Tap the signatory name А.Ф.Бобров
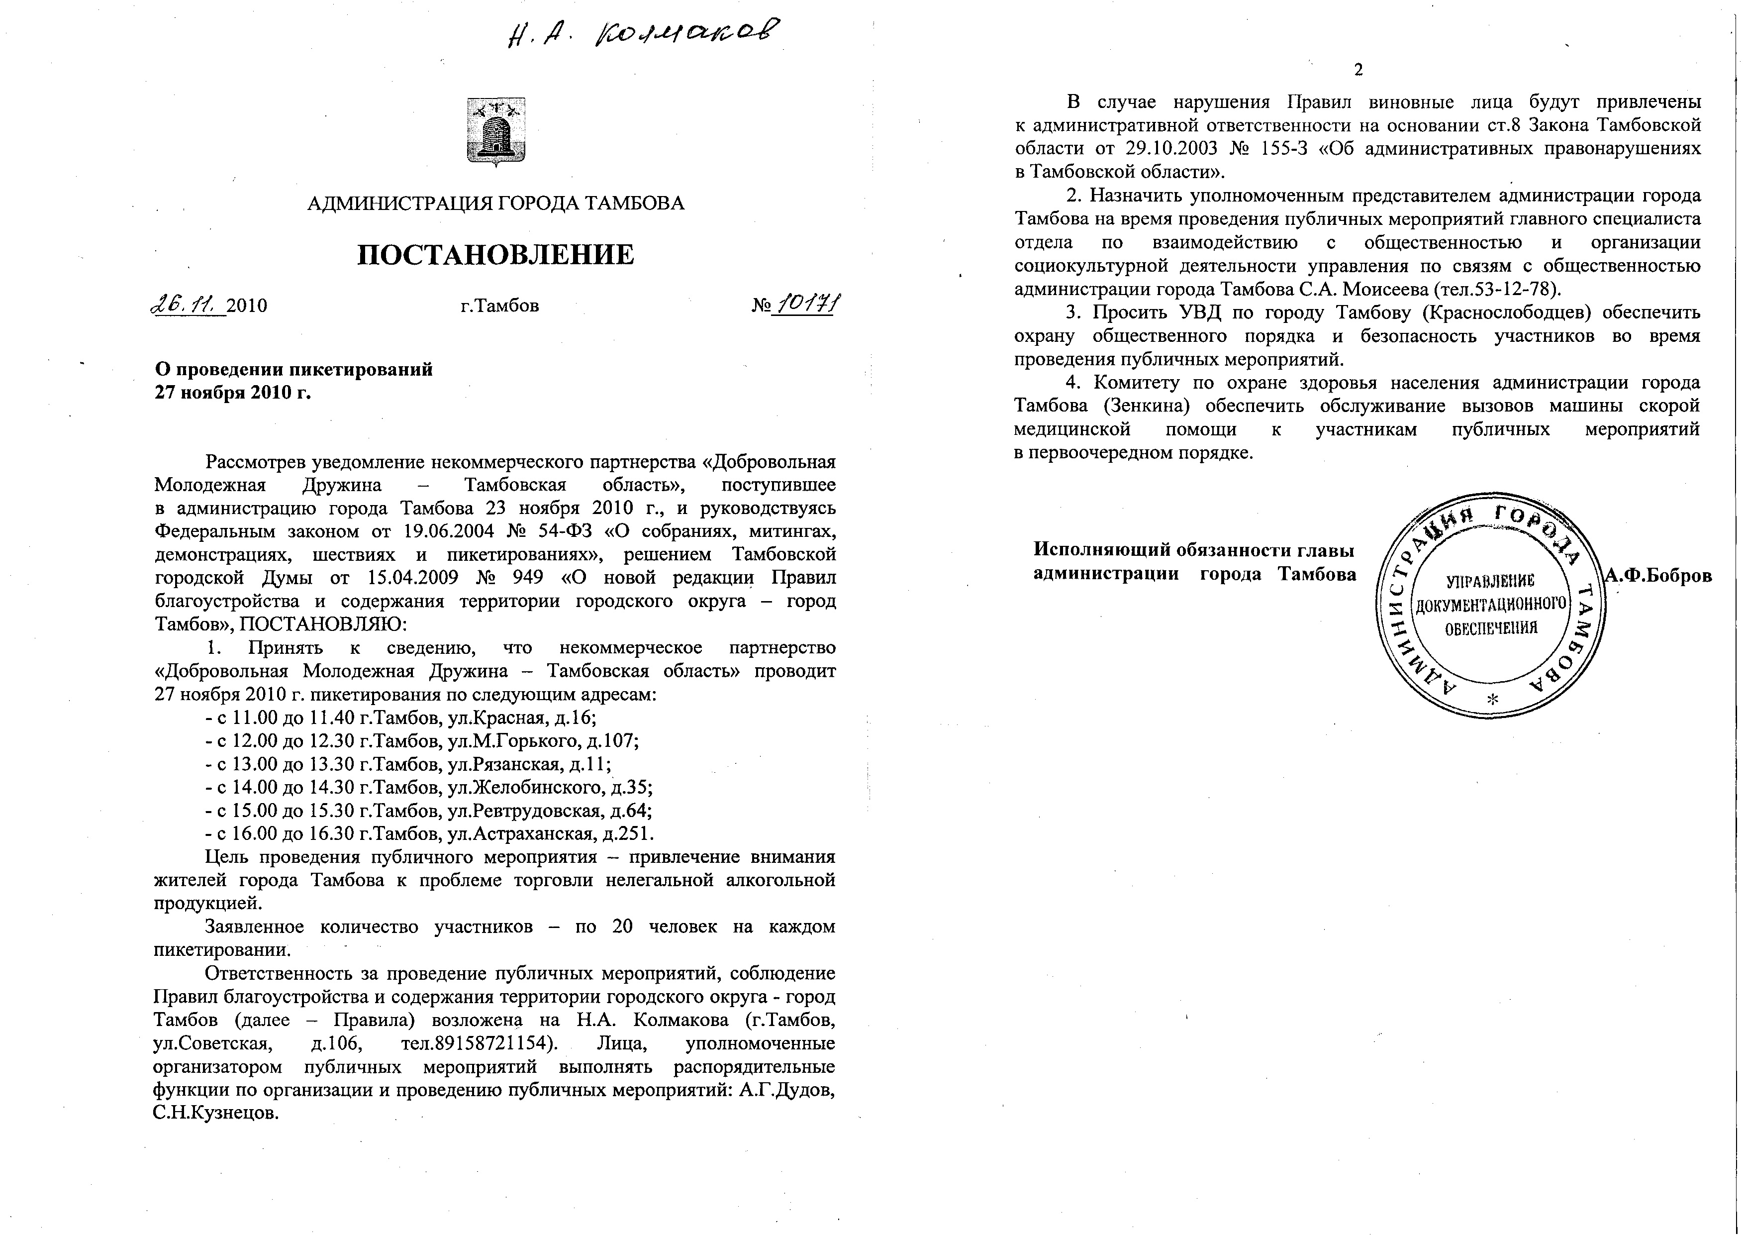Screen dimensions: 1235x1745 click(x=1657, y=576)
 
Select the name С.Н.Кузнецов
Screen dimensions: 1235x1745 click(x=216, y=1113)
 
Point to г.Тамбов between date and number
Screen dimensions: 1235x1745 click(x=500, y=306)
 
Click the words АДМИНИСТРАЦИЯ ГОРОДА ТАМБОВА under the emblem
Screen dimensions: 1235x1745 click(x=495, y=203)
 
